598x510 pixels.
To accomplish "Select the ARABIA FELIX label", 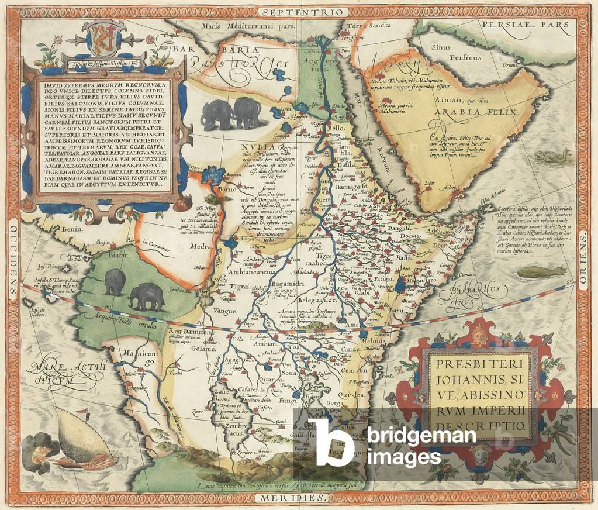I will point(485,111).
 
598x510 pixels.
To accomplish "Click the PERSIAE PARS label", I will point(525,25).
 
